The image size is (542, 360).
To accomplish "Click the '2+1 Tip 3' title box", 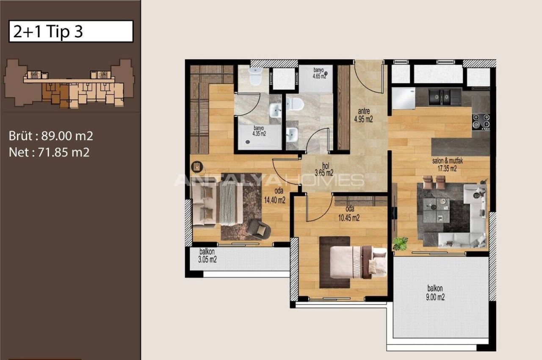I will click(x=71, y=32).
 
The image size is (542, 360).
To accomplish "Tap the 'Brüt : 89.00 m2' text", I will click(x=51, y=136).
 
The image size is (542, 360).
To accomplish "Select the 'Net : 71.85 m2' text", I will click(x=49, y=152).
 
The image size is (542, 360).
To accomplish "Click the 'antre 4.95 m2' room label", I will click(x=363, y=115).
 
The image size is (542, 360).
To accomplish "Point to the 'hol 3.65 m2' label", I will click(x=324, y=169).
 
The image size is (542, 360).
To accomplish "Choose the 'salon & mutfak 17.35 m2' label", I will click(x=444, y=164).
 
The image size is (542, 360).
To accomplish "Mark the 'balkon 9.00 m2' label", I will click(x=435, y=294).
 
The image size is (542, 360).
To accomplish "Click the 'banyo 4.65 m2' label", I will click(x=319, y=73).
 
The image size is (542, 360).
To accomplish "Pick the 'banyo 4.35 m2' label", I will click(x=260, y=131).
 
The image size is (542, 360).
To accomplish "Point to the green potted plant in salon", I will click(x=400, y=244).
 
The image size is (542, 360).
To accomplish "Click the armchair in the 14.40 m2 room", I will click(x=258, y=229).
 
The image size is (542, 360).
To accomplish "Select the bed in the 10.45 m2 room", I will click(x=358, y=262).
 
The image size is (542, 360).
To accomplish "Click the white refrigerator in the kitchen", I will click(x=403, y=98).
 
